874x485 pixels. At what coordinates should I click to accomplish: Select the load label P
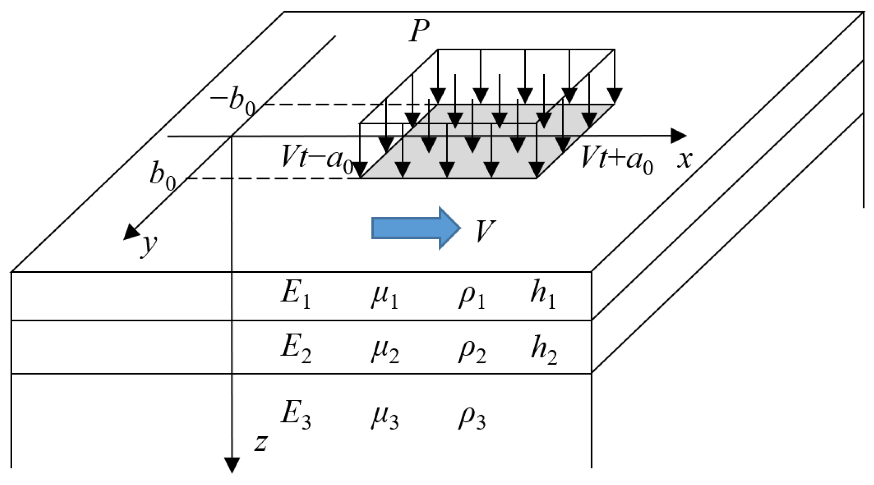419,30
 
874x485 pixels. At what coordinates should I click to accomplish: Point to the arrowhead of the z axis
232,465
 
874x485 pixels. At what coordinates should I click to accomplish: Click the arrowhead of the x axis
678,136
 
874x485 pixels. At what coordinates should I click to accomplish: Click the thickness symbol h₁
542,295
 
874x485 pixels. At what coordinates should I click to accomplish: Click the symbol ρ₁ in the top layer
472,297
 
